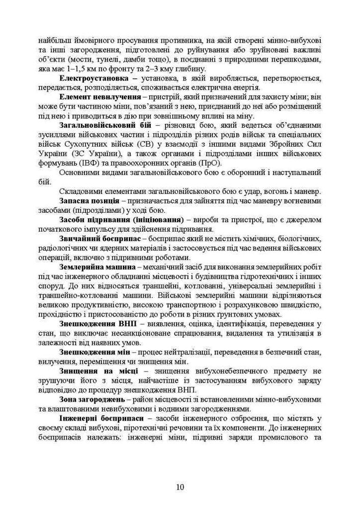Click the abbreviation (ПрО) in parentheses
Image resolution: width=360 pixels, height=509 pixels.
[211, 163]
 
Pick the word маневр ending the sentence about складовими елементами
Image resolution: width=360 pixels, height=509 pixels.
[308, 192]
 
